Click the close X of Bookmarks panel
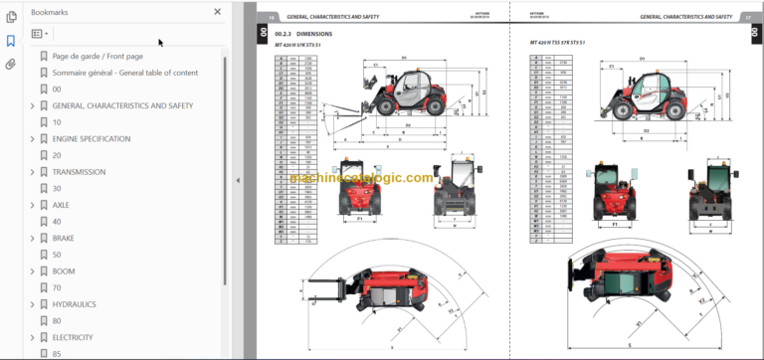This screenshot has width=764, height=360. click(218, 12)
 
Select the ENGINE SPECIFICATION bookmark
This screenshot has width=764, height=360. click(91, 138)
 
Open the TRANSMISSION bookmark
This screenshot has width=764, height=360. click(79, 172)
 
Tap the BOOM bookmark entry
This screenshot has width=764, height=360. click(64, 271)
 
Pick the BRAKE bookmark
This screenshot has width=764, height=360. click(64, 239)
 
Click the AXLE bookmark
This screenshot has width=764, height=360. click(62, 205)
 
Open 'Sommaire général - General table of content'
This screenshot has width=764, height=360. click(124, 73)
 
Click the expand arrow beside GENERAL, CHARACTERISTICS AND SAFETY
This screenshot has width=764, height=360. click(32, 105)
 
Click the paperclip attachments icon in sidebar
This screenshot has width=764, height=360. click(11, 65)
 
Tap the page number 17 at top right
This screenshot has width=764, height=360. click(746, 17)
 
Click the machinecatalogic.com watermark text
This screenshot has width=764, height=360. click(362, 179)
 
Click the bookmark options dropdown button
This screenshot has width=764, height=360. click(41, 33)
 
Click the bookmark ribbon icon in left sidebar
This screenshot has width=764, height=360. click(11, 42)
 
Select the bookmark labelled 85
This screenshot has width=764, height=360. click(57, 353)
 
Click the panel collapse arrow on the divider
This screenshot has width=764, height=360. click(237, 180)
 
